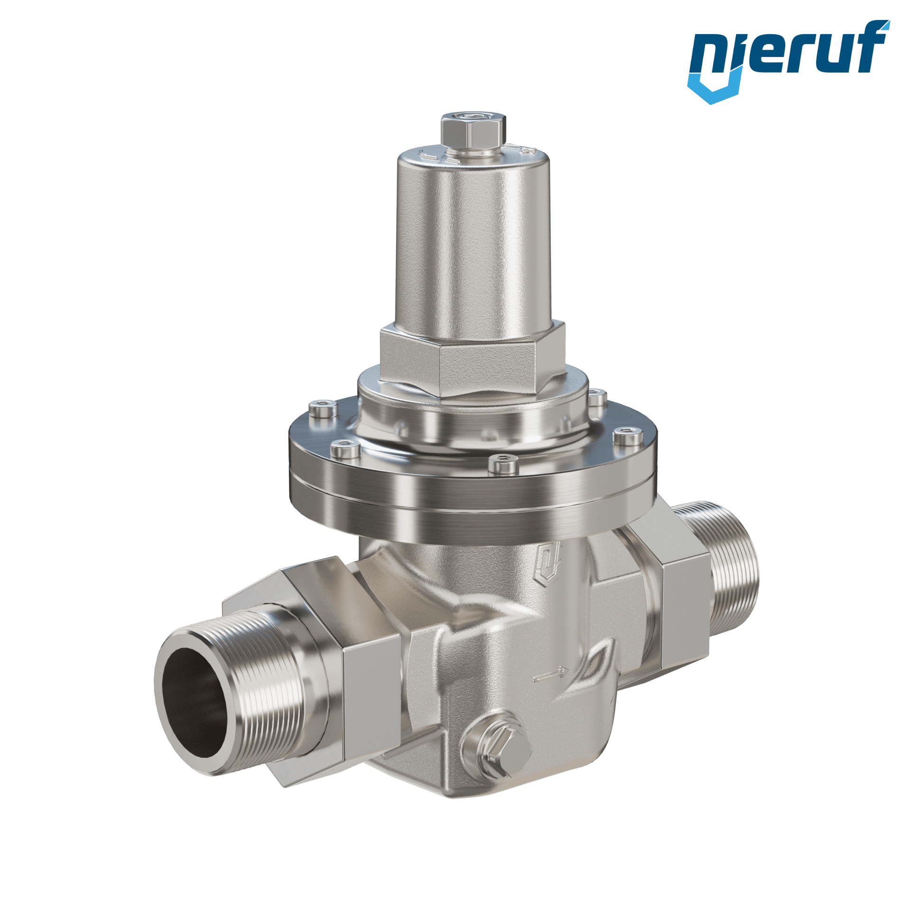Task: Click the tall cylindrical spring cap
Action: [x=473, y=242]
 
